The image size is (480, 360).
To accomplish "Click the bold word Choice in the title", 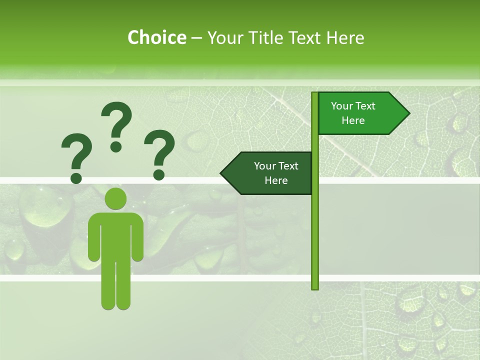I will pyautogui.click(x=156, y=37).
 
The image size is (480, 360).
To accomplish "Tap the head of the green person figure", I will pyautogui.click(x=115, y=199).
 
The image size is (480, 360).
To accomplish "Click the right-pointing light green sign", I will pyautogui.click(x=357, y=113).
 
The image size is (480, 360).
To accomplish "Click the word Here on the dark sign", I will pyautogui.click(x=276, y=180).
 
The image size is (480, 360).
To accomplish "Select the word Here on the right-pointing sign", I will pyautogui.click(x=353, y=120).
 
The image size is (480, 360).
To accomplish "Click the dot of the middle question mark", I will pyautogui.click(x=116, y=146).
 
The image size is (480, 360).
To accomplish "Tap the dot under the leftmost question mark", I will pyautogui.click(x=76, y=177).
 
